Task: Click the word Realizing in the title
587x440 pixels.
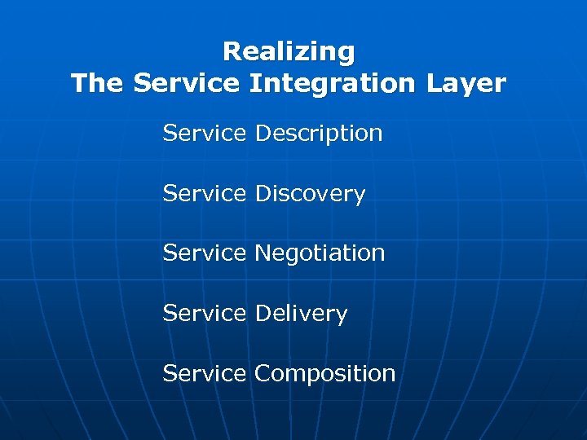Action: pyautogui.click(x=289, y=52)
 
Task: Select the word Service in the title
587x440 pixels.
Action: pyautogui.click(x=186, y=83)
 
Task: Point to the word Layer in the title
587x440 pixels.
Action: pyautogui.click(x=468, y=84)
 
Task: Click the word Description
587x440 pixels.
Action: pyautogui.click(x=319, y=134)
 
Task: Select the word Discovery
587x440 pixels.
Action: pyautogui.click(x=310, y=194)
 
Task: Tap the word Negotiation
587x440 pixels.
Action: pyautogui.click(x=320, y=253)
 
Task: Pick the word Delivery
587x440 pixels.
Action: pyautogui.click(x=301, y=314)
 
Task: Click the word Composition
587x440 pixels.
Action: pyautogui.click(x=324, y=374)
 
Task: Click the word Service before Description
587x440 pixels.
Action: pyautogui.click(x=204, y=133)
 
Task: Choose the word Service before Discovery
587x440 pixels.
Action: pyautogui.click(x=204, y=193)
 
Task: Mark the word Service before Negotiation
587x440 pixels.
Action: pyautogui.click(x=204, y=253)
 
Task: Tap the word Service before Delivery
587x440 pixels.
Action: pyautogui.click(x=204, y=313)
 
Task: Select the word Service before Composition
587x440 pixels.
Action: pyautogui.click(x=204, y=373)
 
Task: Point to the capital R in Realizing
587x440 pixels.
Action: pyautogui.click(x=231, y=52)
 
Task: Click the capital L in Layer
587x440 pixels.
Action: pyautogui.click(x=433, y=83)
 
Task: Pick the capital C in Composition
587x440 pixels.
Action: pyautogui.click(x=264, y=373)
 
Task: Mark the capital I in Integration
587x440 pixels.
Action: pyautogui.click(x=254, y=83)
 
